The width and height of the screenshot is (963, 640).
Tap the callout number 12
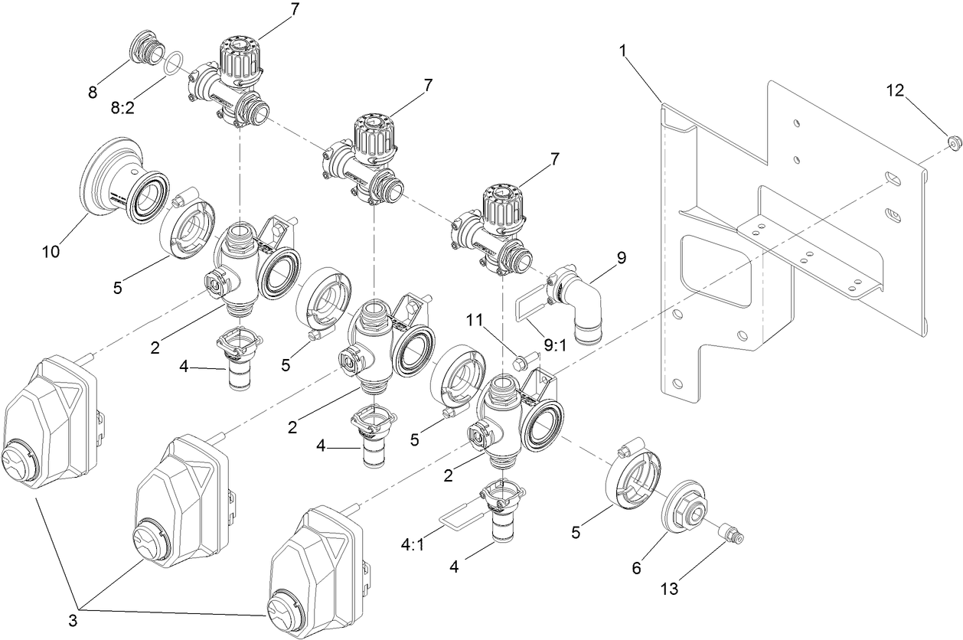click(x=894, y=90)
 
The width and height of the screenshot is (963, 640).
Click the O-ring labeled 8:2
click(x=175, y=62)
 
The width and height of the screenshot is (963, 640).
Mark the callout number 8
click(x=93, y=93)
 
